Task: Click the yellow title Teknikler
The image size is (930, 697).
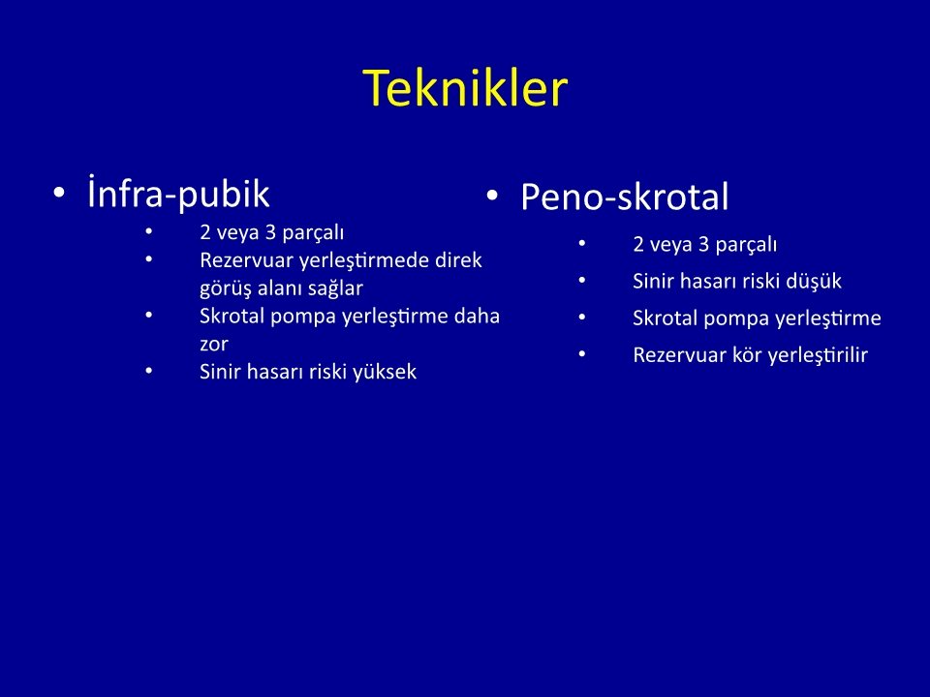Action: [466, 88]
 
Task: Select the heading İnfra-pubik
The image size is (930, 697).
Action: [178, 193]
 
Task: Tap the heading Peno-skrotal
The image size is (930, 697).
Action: [625, 197]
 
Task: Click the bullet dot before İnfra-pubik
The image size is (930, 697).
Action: [58, 193]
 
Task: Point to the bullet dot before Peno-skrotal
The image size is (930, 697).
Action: [492, 196]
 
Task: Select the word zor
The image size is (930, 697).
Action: [213, 345]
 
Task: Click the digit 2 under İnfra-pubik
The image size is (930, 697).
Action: [205, 232]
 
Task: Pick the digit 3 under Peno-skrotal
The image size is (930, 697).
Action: [704, 245]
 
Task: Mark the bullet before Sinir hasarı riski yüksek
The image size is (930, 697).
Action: [149, 372]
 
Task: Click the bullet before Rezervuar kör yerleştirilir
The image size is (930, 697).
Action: [582, 355]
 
